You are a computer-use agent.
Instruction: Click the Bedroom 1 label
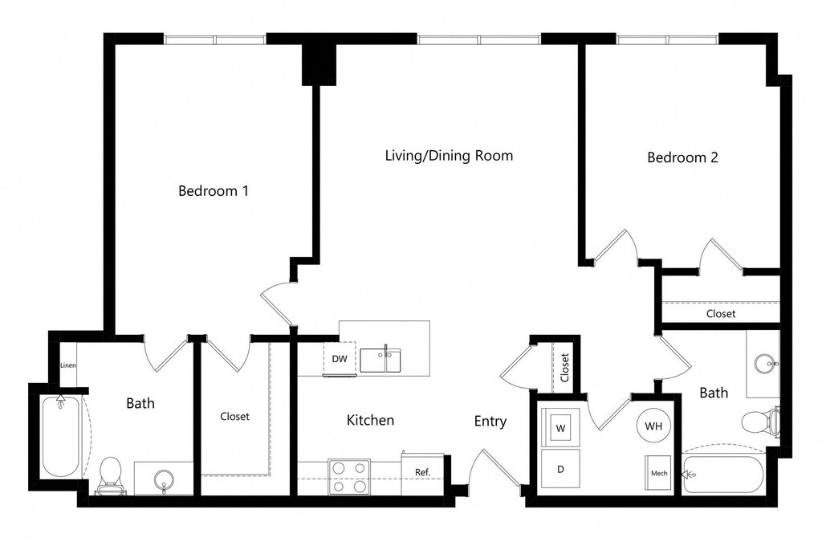(214, 190)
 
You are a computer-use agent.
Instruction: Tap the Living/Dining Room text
(449, 156)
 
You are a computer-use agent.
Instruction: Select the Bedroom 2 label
(682, 157)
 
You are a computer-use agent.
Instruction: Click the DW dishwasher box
(340, 359)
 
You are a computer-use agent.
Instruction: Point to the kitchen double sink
(380, 361)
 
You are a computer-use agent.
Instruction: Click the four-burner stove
(349, 477)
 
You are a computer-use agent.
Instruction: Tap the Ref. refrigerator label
(422, 472)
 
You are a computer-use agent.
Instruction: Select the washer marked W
(560, 427)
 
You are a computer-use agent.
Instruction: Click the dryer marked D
(560, 469)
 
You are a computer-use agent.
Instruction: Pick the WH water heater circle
(653, 426)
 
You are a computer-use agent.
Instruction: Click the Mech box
(658, 473)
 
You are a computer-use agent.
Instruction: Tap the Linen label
(68, 365)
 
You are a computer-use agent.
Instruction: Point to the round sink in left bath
(164, 479)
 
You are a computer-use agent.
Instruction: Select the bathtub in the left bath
(61, 436)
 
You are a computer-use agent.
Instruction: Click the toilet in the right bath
(760, 421)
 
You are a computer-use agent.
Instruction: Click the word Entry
(490, 422)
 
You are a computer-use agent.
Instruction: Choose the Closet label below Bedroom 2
(721, 314)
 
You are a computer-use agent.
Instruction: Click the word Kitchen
(370, 420)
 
